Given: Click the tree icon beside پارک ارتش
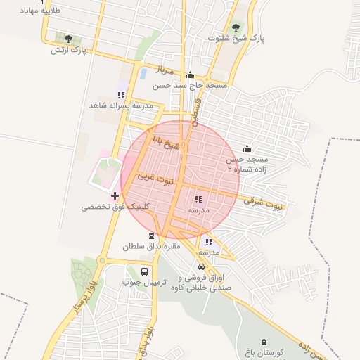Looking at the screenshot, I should [x=68, y=39].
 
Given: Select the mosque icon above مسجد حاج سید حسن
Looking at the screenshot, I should [x=190, y=75].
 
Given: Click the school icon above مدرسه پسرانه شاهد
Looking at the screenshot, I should [x=121, y=95].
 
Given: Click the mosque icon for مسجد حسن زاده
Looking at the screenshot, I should [x=247, y=149].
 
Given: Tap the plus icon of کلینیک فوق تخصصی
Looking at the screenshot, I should [x=115, y=195].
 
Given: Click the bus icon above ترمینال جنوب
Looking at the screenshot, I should [x=144, y=271].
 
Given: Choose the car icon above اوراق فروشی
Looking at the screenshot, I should [x=202, y=266].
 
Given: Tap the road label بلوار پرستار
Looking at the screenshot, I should [x=84, y=308].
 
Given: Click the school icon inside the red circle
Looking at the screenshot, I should [x=197, y=199].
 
